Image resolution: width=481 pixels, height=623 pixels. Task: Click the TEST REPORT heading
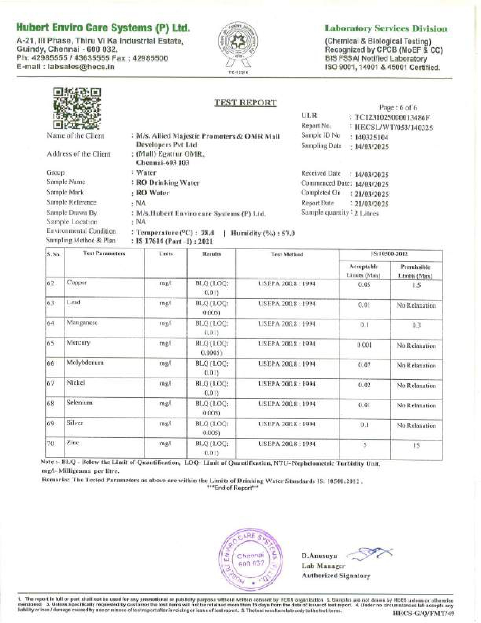(x=245, y=103)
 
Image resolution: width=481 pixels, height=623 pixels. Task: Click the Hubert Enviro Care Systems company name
(x=103, y=28)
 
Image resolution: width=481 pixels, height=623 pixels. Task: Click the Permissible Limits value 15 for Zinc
(x=416, y=446)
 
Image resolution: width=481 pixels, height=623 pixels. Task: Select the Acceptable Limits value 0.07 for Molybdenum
(x=364, y=365)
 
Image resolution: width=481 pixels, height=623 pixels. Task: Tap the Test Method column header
(x=287, y=254)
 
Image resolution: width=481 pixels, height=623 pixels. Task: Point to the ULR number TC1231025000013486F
(x=392, y=117)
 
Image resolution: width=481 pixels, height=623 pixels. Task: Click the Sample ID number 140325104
(x=371, y=137)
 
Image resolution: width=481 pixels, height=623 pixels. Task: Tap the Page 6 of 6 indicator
(x=398, y=108)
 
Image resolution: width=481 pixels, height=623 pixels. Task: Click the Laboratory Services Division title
(x=386, y=29)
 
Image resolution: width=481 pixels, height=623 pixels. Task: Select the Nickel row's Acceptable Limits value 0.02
(x=364, y=385)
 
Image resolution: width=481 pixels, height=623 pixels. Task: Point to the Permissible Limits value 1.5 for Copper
(x=416, y=285)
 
